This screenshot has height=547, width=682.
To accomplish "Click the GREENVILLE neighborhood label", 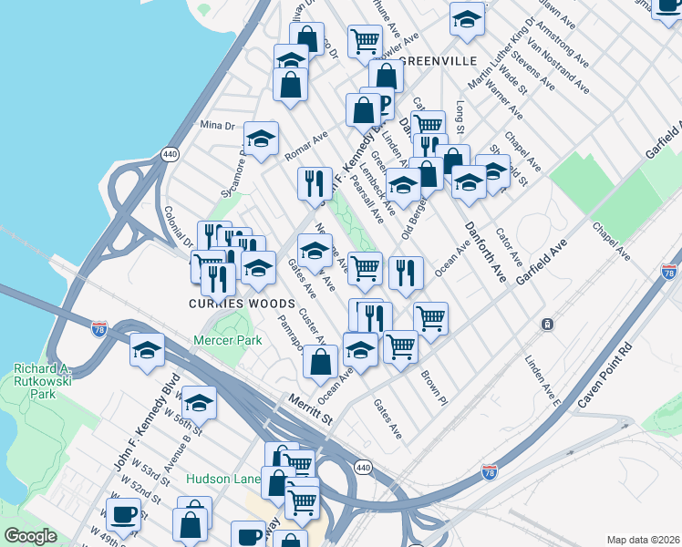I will tap(439, 60).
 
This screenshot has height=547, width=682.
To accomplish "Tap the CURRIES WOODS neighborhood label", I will tap(241, 304).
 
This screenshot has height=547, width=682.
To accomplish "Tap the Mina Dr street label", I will tap(217, 125).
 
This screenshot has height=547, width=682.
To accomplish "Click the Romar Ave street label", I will tap(305, 141).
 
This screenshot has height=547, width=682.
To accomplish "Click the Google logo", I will tap(30, 536).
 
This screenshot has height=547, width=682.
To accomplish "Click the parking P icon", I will tap(383, 102).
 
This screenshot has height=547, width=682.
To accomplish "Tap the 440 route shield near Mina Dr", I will tap(170, 156).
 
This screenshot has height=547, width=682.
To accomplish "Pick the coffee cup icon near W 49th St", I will tap(123, 513).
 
